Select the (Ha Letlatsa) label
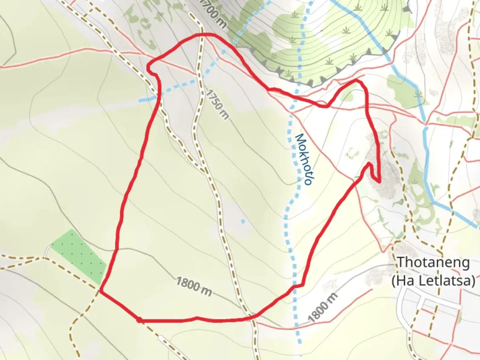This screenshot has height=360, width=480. click(433, 281)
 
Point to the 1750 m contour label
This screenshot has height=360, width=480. click(217, 104)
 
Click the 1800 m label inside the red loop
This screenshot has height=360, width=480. click(194, 286)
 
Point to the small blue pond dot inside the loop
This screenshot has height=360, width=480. click(243, 221)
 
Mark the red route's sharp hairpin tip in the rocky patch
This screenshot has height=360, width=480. click(379, 181)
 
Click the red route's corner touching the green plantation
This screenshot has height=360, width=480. click(101, 292)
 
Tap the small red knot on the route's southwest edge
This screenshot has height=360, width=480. click(139, 320)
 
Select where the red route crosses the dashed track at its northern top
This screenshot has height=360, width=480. click(202, 35)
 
